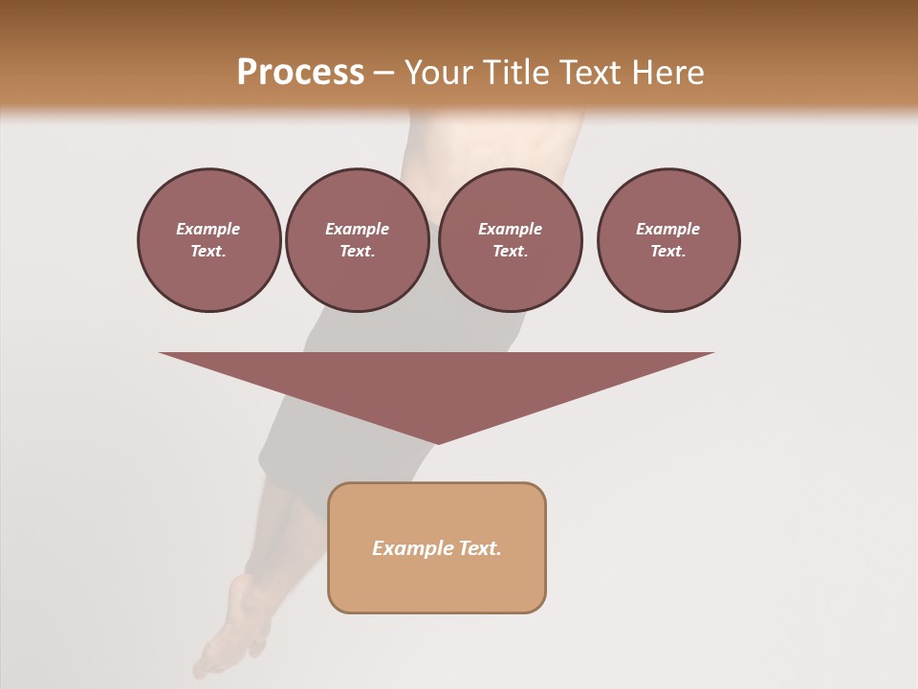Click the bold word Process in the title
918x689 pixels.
(300, 72)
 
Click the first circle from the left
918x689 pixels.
(208, 240)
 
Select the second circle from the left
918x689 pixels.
(357, 240)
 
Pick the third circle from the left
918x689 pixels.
(510, 240)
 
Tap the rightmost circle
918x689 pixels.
(667, 240)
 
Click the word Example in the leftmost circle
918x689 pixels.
(208, 229)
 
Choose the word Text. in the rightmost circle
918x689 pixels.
(667, 252)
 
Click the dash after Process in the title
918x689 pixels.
(383, 73)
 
